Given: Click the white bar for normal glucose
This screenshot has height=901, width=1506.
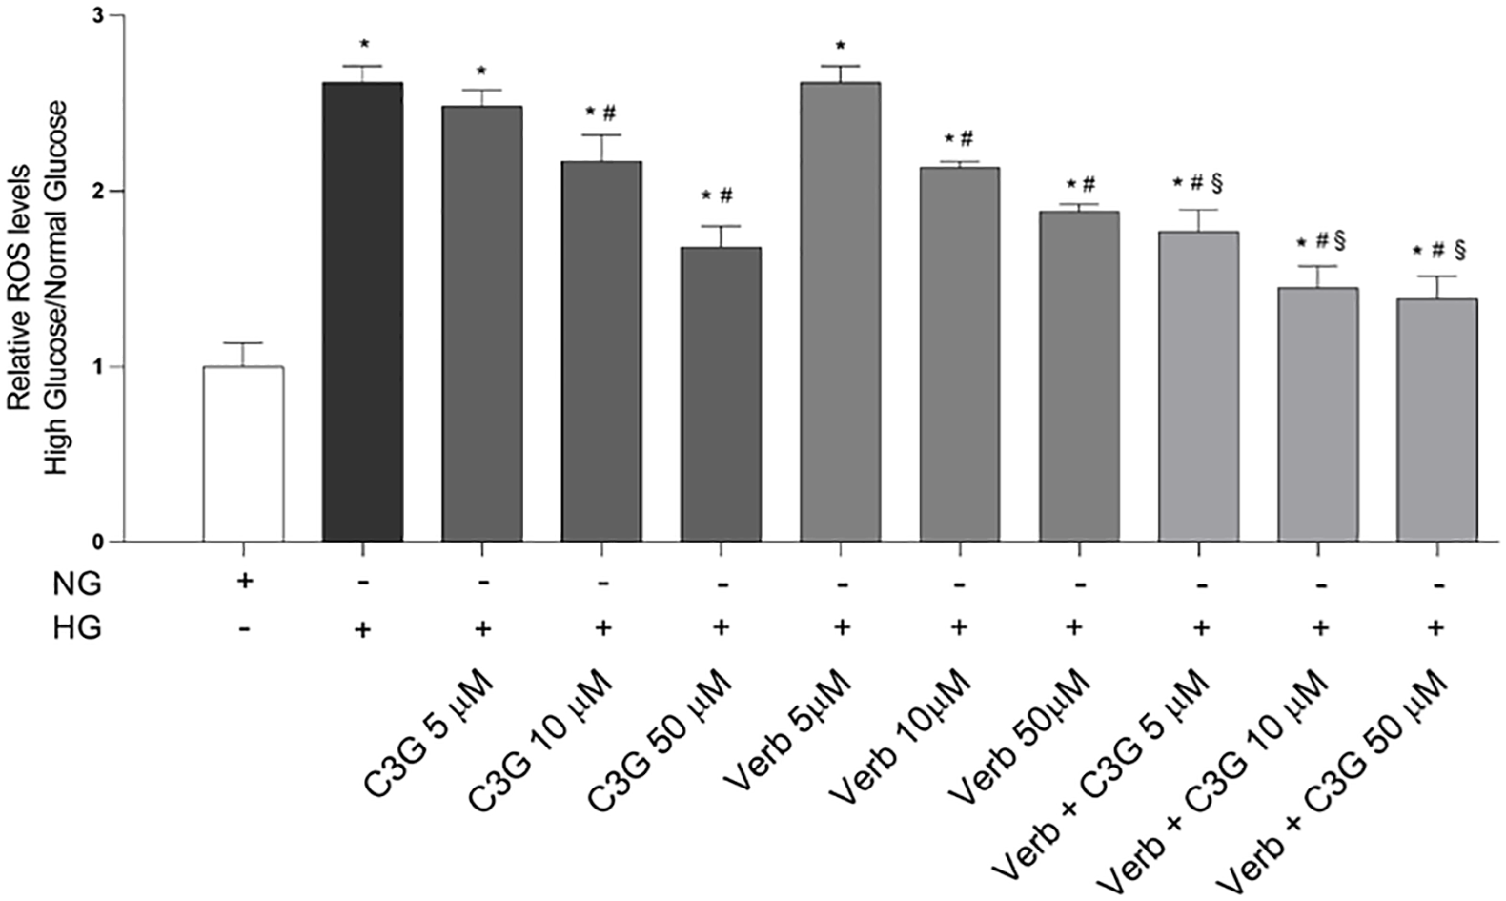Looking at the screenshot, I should point(243,454).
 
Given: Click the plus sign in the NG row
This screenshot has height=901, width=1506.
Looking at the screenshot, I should point(244,580).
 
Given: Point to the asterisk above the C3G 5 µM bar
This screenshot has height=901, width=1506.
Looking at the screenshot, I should point(481,72).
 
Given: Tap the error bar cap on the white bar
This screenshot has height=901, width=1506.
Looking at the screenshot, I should point(243,343).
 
